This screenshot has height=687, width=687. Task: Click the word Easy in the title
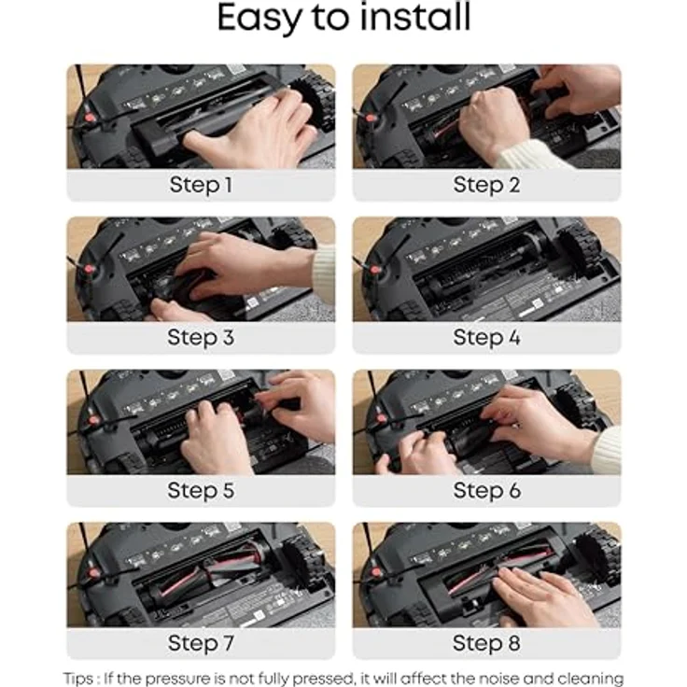pyautogui.click(x=262, y=19)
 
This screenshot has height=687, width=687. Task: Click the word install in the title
pyautogui.click(x=416, y=19)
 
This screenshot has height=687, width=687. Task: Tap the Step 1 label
pyautogui.click(x=201, y=185)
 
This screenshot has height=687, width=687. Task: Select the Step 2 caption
pyautogui.click(x=486, y=185)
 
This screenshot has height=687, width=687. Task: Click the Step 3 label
pyautogui.click(x=201, y=337)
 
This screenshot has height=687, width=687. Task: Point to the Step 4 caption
pyautogui.click(x=486, y=337)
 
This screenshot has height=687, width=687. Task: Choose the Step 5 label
pyautogui.click(x=201, y=490)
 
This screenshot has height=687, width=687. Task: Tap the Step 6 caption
pyautogui.click(x=486, y=490)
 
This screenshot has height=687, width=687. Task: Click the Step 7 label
pyautogui.click(x=201, y=643)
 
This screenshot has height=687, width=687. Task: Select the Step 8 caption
pyautogui.click(x=486, y=643)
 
